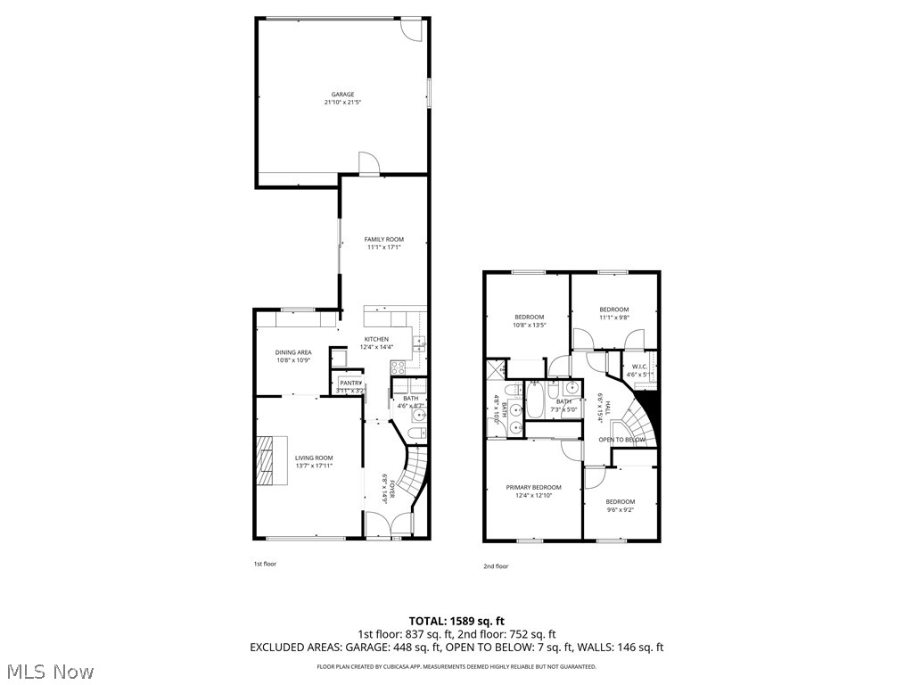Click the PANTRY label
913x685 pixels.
pos(350,384)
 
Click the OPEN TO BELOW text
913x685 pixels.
pos(621,440)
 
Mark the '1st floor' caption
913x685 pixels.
pos(265,564)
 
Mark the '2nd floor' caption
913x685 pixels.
pos(496,566)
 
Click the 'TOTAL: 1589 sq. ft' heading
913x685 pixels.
pos(456,621)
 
